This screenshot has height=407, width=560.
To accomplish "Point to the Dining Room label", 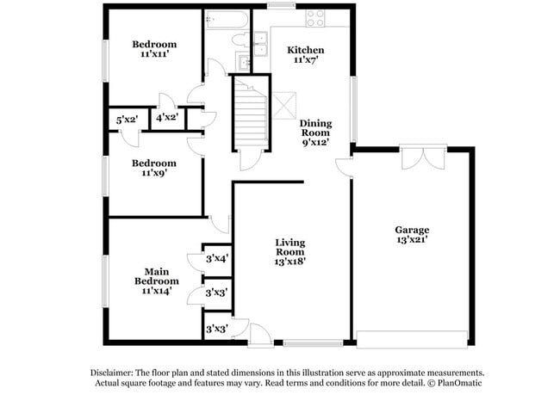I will point(315,128).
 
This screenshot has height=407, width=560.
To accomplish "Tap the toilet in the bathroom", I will point(242,40).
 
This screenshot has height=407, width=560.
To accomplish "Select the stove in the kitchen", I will point(314,17).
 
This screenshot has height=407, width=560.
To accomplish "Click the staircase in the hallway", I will point(252,111).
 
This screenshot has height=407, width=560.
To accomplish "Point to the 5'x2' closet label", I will point(127,120).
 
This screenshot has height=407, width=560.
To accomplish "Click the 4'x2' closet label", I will point(166,118).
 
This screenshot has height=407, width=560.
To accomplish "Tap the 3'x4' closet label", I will point(216,257).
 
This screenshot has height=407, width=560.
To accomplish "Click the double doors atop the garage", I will point(419,158).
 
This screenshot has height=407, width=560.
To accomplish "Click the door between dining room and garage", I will point(345,168).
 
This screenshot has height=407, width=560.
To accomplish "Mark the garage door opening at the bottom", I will point(414,338).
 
